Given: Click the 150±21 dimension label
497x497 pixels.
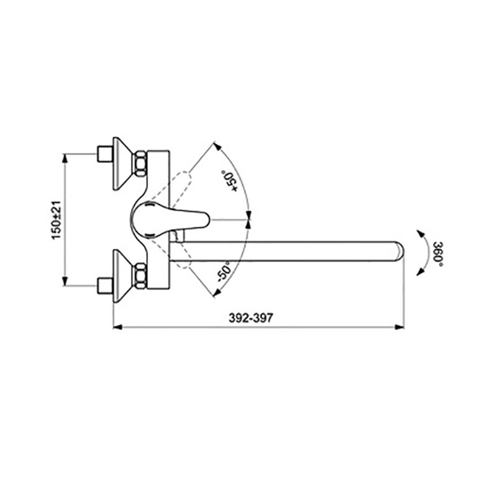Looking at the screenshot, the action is point(57,221).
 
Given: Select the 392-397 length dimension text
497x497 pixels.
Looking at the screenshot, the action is point(251,317).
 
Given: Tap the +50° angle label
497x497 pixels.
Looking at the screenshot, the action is point(230,181).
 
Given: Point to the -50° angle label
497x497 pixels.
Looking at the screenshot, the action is point(223,271).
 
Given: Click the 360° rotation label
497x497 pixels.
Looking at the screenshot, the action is point(438,254).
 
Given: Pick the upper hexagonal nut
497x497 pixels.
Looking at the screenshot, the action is point(140,164).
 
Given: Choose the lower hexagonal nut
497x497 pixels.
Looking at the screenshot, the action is point(140,276).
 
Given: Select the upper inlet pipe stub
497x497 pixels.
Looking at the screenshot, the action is point(105,153).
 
